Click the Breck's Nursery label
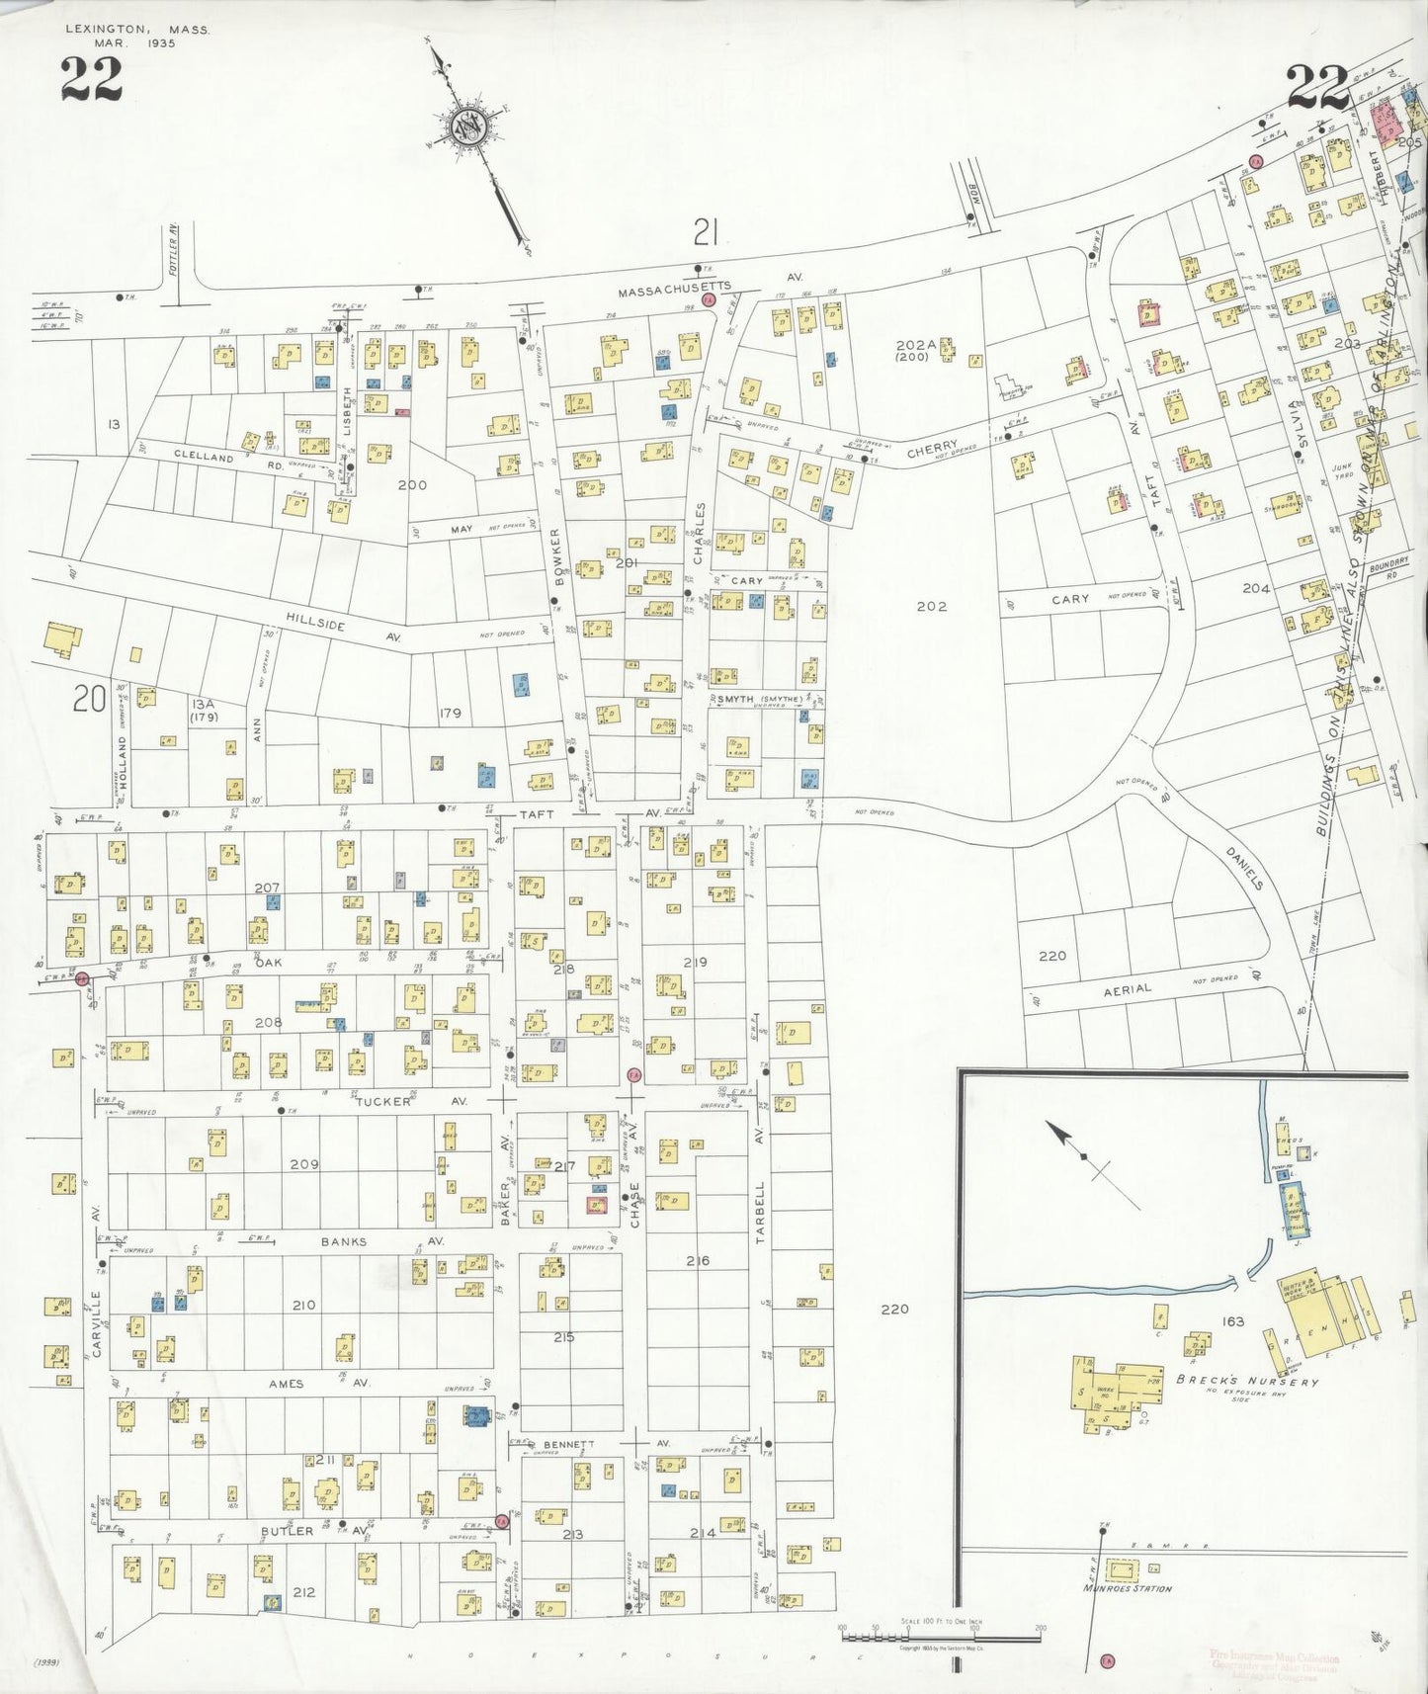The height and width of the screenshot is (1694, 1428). coord(1246,1382)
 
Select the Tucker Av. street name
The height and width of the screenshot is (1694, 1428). coord(382,1100)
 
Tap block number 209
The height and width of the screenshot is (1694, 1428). coord(303,1164)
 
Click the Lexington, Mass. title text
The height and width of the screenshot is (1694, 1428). coord(136,30)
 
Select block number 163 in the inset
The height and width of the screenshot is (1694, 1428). coord(1232,1321)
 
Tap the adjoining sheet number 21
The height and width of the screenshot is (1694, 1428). coord(704,232)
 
